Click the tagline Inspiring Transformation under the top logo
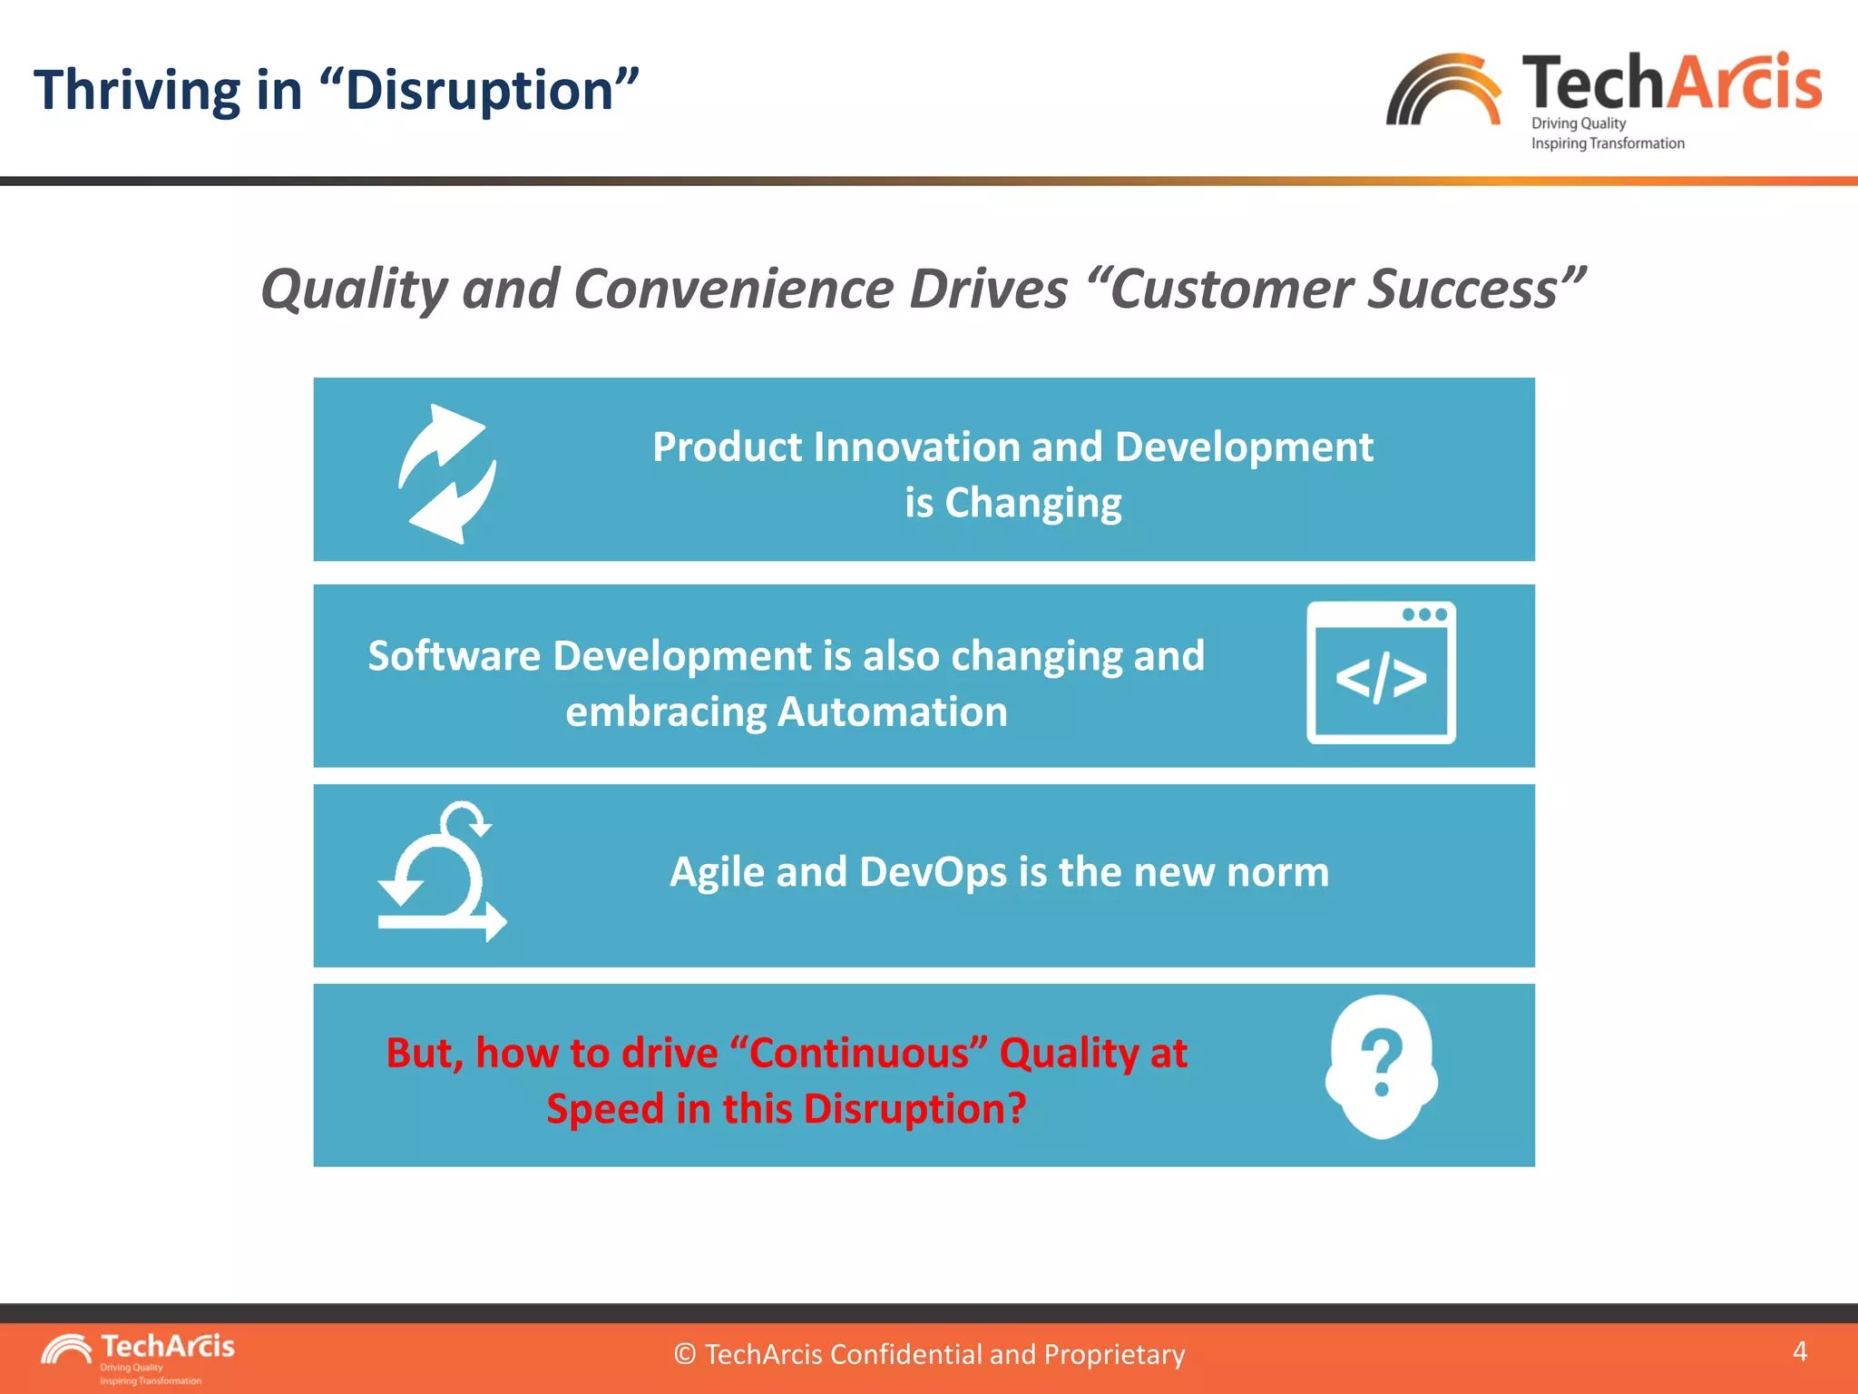(1607, 143)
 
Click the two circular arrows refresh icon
(447, 474)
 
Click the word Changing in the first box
(1032, 503)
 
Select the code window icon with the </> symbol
(1381, 673)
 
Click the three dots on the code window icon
(1423, 614)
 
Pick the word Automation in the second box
(893, 712)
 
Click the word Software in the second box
(454, 656)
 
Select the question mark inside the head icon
(1382, 1062)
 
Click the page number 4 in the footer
(1800, 1351)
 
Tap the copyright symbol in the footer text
(685, 1355)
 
